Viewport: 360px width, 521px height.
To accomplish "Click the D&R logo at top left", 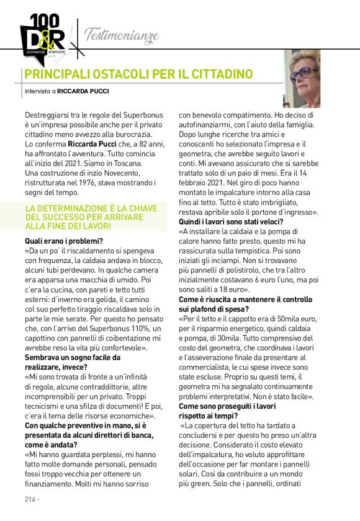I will [x=42, y=35].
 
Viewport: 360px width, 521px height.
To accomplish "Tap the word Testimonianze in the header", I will [x=122, y=35].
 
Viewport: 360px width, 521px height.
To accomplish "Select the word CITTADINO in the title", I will [x=217, y=74].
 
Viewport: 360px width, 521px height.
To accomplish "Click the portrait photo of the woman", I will [x=302, y=79].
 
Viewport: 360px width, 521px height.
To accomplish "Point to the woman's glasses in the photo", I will [x=301, y=73].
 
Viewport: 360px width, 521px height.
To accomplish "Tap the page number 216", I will [x=30, y=499].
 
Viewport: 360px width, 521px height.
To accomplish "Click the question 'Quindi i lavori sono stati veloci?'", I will [x=232, y=221].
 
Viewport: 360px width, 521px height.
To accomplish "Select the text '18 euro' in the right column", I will [x=231, y=288].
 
